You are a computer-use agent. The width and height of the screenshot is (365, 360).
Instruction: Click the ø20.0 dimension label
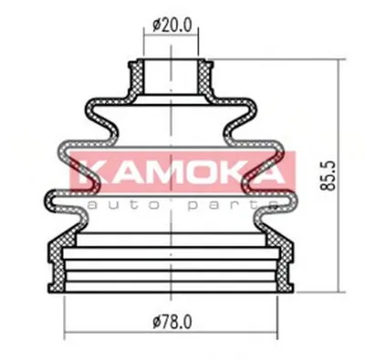coord(172,26)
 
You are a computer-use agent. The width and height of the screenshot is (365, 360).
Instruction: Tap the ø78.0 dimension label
coord(172,322)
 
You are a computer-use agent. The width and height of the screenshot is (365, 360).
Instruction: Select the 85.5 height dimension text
coord(328,175)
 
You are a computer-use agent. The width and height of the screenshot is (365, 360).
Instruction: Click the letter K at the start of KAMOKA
coord(87,172)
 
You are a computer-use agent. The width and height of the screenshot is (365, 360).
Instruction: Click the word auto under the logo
coord(123,205)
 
